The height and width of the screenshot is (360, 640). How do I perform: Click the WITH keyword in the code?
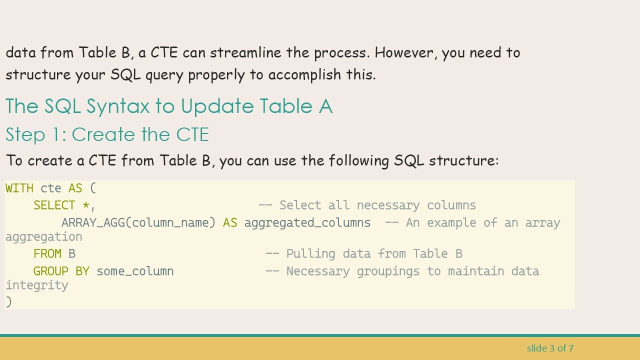point(19,188)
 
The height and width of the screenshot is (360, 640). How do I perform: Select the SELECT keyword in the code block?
point(54,205)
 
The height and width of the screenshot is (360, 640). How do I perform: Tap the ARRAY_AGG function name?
point(92,223)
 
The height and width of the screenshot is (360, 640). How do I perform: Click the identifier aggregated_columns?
point(307,223)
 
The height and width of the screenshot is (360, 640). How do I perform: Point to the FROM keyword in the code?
point(47,254)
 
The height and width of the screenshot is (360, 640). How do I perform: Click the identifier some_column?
point(135,271)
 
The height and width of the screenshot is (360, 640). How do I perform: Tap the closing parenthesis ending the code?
point(8,301)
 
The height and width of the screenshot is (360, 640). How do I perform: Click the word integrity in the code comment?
point(36,285)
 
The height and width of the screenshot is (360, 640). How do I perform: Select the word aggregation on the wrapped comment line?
point(43,237)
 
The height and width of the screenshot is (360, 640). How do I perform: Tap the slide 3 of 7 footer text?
point(550,348)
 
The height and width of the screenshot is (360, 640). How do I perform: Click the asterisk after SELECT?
point(86,205)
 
